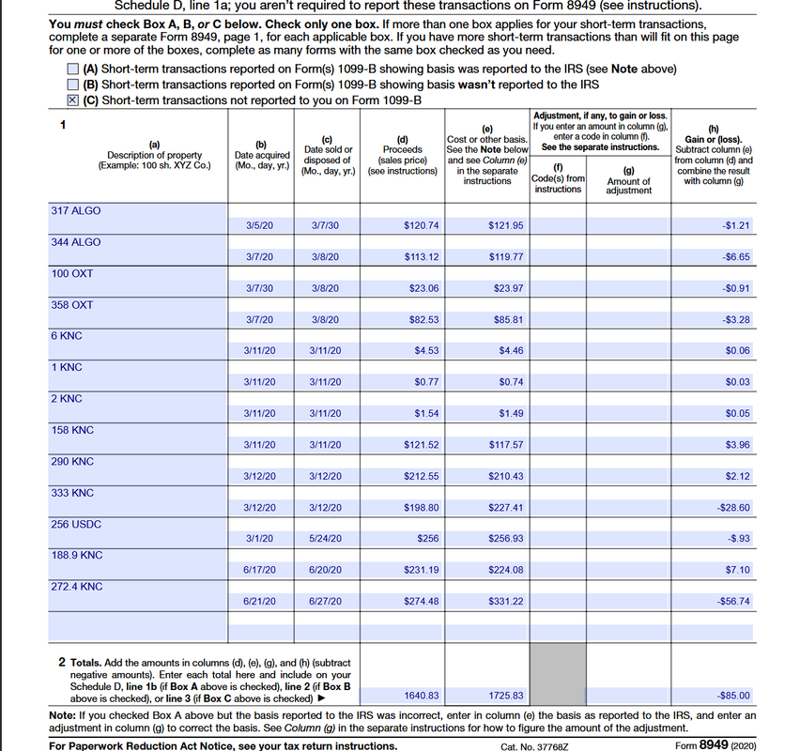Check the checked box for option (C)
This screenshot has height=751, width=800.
pyautogui.click(x=73, y=100)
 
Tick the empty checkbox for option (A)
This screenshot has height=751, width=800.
pyautogui.click(x=73, y=69)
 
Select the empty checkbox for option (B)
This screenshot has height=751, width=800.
pyautogui.click(x=73, y=84)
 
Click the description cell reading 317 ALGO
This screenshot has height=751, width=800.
pyautogui.click(x=76, y=210)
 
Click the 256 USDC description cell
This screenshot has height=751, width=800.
pyautogui.click(x=76, y=524)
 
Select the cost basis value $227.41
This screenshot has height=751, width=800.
pyautogui.click(x=506, y=507)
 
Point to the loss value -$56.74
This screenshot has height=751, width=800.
pyautogui.click(x=732, y=601)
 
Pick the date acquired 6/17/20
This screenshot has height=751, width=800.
pyautogui.click(x=259, y=570)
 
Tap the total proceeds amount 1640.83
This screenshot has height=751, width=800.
pyautogui.click(x=421, y=696)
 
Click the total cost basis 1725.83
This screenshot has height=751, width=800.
pyautogui.click(x=506, y=696)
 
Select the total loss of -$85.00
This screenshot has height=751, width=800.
pyautogui.click(x=732, y=696)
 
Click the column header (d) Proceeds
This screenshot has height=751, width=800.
pyautogui.click(x=402, y=155)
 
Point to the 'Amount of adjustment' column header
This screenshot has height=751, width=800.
pyautogui.click(x=628, y=185)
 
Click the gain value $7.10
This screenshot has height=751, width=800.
pyautogui.click(x=737, y=570)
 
